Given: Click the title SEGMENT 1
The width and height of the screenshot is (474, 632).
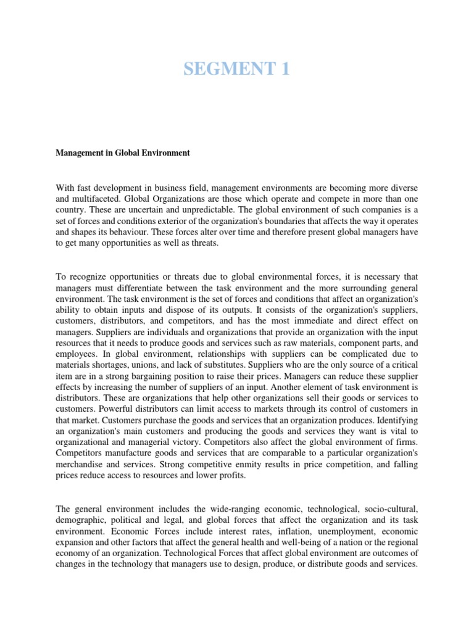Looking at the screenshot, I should (x=236, y=70).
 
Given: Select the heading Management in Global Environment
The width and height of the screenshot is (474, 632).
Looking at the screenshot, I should (x=123, y=152).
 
